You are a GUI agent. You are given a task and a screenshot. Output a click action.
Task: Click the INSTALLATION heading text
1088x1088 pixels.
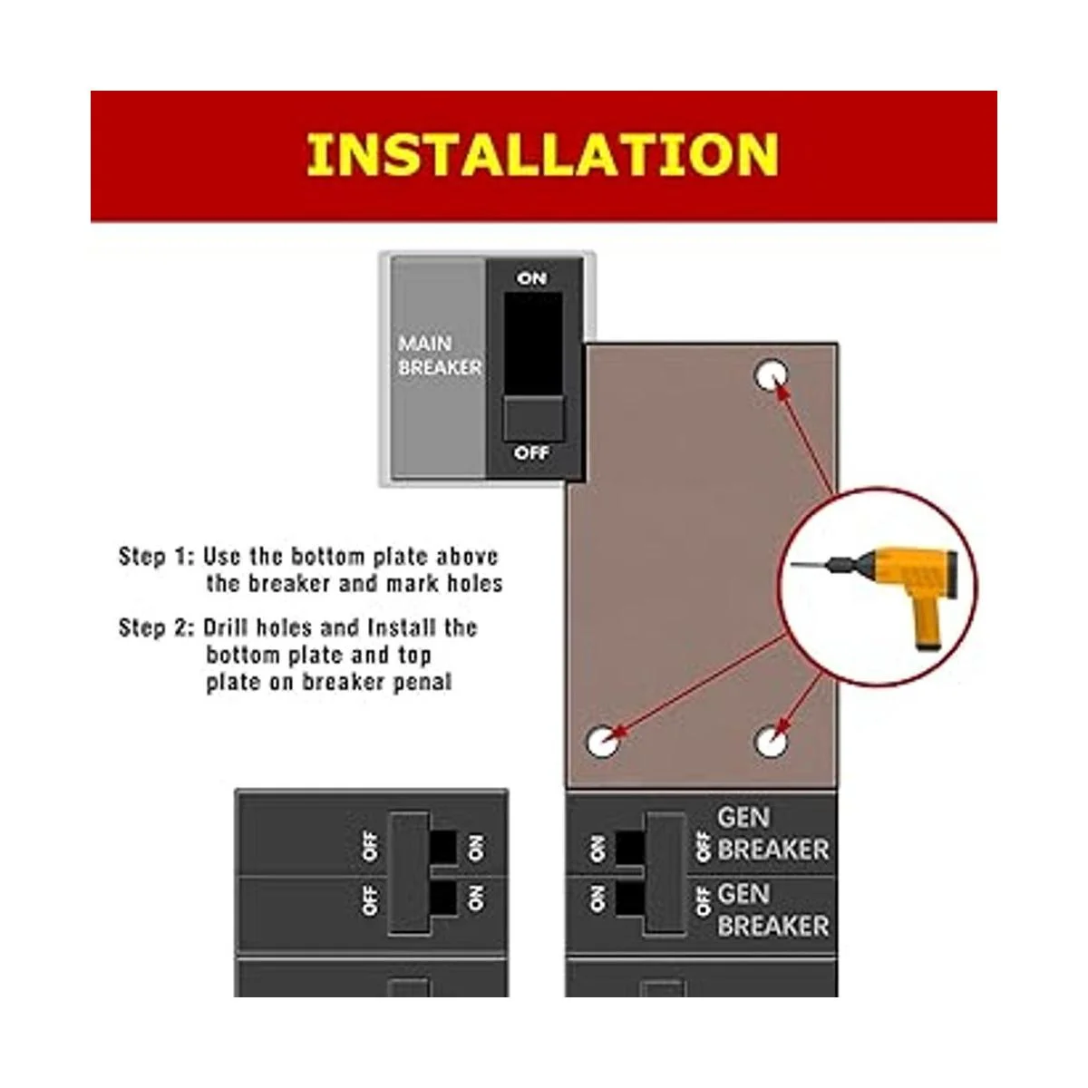pos(542,155)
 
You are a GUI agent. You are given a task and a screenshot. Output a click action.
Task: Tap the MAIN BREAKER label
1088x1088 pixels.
pos(439,355)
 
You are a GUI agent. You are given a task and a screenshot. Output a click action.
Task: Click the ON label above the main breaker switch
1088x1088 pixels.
pos(531,278)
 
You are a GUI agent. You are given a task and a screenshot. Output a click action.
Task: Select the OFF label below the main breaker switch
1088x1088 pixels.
pos(531,452)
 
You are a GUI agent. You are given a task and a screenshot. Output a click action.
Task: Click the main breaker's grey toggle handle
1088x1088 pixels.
pos(532,418)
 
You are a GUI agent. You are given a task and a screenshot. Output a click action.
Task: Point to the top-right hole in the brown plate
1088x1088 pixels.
pos(772,374)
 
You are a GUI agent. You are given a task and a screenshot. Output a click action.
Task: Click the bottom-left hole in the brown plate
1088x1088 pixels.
pos(602,742)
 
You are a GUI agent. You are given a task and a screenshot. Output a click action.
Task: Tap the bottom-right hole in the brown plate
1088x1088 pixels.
pos(771,742)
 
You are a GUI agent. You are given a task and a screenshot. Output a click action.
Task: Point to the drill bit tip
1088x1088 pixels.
pos(792,565)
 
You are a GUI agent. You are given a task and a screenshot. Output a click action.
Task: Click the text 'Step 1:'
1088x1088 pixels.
pos(156,557)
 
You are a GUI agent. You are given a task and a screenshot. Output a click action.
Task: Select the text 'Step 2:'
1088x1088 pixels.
pos(156,627)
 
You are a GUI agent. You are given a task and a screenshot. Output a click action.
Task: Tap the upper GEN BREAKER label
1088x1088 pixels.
pos(772,834)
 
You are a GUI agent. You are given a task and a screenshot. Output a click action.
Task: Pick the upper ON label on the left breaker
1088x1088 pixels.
pos(475,848)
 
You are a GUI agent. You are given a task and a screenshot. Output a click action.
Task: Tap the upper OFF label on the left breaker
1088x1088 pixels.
pos(370,846)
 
